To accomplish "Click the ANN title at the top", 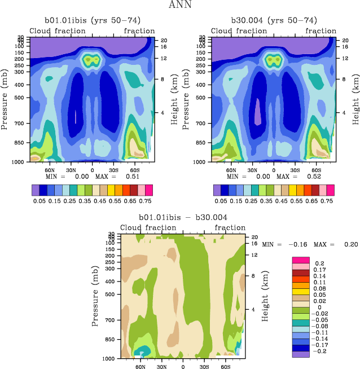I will tap(181, 5).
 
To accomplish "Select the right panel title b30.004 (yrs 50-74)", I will tap(274, 21).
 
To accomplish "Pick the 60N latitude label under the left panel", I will tap(50, 169).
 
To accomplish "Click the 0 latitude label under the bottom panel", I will tap(183, 366).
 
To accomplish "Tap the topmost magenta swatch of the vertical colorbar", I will tap(299, 259).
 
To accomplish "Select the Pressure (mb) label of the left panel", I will tap(6, 99).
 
